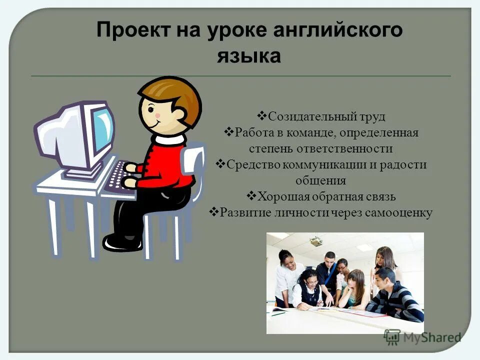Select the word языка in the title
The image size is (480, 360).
pyautogui.click(x=248, y=55)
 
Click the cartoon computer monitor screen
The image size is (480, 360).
pyautogui.click(x=102, y=131)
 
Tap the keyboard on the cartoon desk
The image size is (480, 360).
pyautogui.click(x=119, y=176)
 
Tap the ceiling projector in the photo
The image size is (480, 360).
pyautogui.click(x=316, y=241)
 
